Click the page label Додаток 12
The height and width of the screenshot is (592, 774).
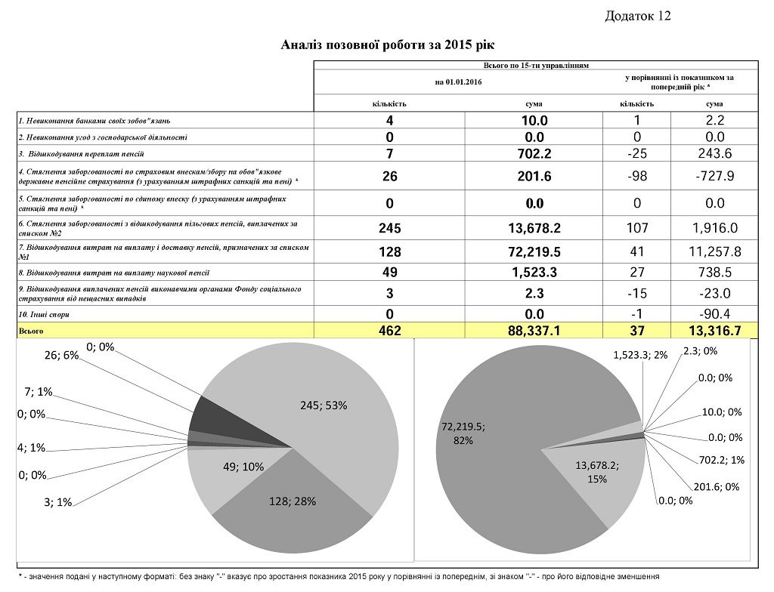(x=638, y=16)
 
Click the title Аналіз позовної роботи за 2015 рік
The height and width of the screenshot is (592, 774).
(x=386, y=45)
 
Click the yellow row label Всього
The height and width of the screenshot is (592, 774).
(x=33, y=330)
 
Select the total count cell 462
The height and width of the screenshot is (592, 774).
(x=390, y=330)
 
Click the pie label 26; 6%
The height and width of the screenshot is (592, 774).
(x=61, y=355)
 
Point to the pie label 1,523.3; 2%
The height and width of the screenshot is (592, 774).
(x=640, y=355)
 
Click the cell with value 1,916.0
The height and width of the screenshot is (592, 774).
(x=714, y=228)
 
